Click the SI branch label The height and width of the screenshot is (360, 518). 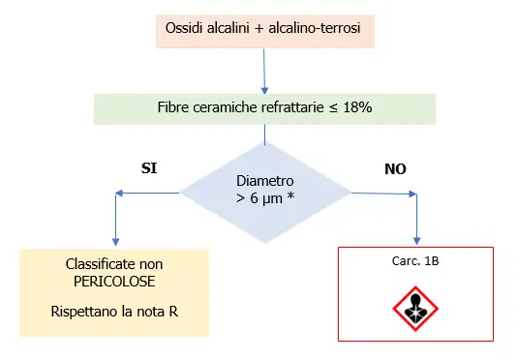tap(150, 167)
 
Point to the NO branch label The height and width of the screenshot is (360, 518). tap(396, 167)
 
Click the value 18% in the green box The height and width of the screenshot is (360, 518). tap(356, 108)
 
